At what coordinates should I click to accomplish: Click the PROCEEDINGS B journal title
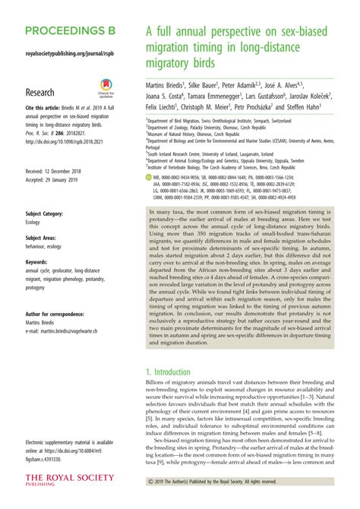click(71, 32)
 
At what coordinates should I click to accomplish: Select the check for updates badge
click(105, 90)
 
